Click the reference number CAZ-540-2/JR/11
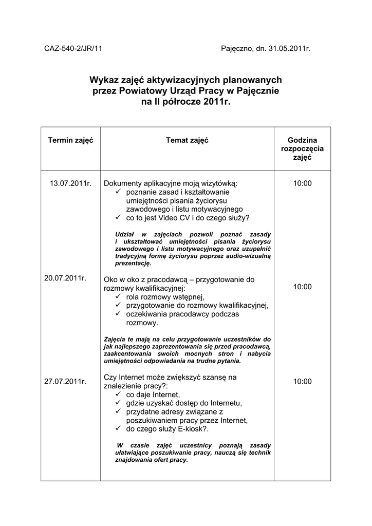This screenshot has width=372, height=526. (73, 49)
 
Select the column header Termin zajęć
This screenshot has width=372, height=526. (70, 140)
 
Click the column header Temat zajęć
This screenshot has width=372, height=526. (187, 140)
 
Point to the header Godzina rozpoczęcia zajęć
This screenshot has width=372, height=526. (302, 149)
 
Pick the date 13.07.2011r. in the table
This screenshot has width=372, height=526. (70, 183)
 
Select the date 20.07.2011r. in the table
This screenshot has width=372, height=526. (65, 278)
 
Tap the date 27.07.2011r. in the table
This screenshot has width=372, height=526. (65, 381)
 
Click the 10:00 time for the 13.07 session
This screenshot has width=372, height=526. (302, 183)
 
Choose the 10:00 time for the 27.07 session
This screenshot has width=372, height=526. (302, 381)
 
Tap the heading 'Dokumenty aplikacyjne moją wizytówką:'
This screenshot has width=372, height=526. (171, 183)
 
